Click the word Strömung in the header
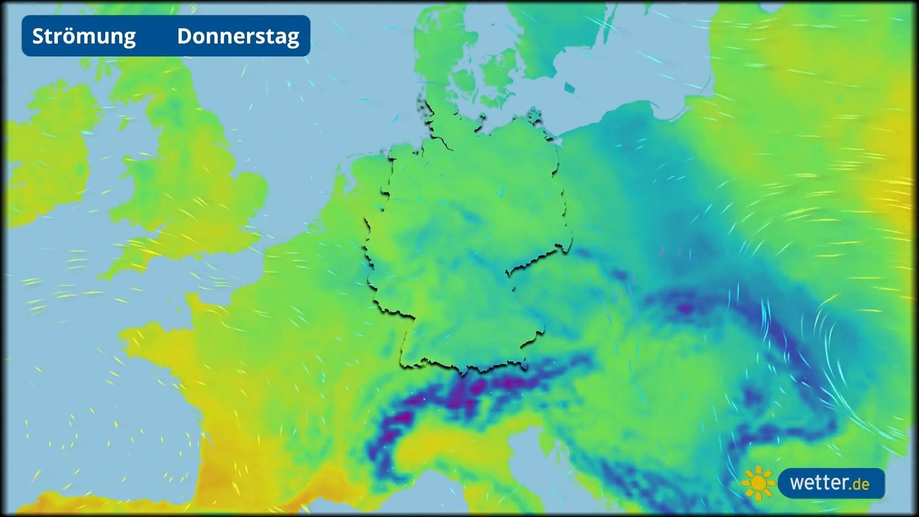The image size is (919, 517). click(84, 36)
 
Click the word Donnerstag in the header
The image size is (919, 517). click(238, 36)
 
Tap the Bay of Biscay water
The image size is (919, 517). click(96, 421)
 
